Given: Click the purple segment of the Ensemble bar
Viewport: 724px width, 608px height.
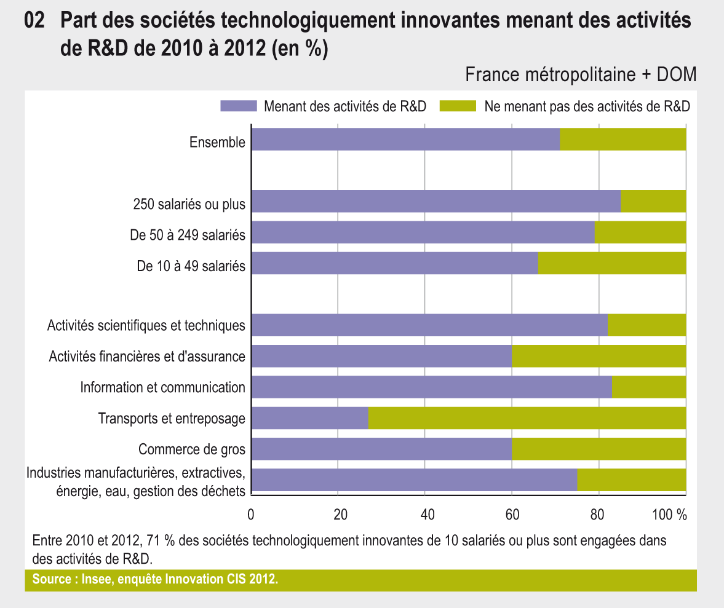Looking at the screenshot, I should (x=406, y=140).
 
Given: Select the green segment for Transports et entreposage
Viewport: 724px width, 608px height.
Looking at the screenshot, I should (x=527, y=418).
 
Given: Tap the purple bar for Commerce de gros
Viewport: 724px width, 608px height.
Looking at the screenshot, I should (x=381, y=449).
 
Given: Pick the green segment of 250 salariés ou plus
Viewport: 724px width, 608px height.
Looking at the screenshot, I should (x=653, y=201).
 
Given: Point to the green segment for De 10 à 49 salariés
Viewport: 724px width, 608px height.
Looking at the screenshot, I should (x=612, y=263).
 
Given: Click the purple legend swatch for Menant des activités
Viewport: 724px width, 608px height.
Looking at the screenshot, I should (x=239, y=106).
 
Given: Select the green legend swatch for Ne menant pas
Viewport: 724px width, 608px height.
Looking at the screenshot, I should (x=458, y=106).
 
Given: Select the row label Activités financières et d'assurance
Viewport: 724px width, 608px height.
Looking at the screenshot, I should (x=147, y=356).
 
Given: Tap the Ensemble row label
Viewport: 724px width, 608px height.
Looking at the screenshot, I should (x=217, y=143).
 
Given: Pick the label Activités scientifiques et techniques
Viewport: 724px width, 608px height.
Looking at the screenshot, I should (x=146, y=325).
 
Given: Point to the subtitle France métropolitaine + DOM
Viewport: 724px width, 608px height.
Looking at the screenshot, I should (x=581, y=75).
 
